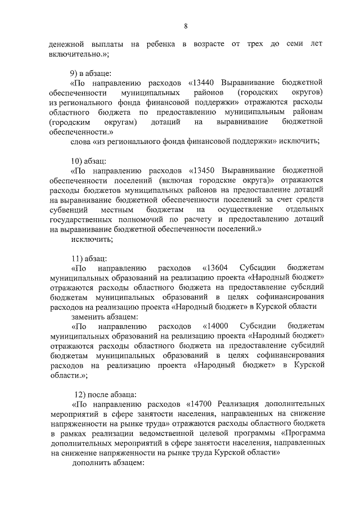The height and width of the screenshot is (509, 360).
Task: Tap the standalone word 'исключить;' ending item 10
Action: point(92,238)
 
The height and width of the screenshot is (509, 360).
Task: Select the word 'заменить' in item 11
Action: point(87,316)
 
